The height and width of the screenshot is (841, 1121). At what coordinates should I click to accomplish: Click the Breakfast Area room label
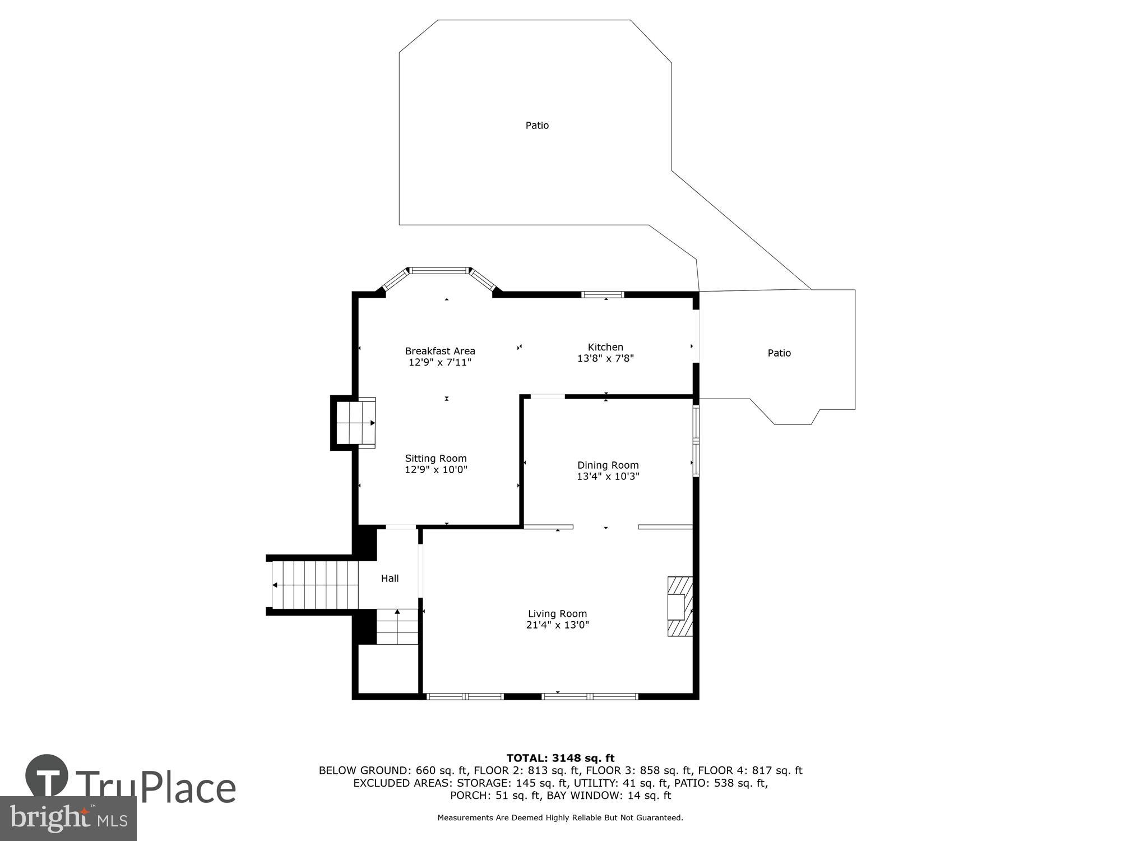(440, 351)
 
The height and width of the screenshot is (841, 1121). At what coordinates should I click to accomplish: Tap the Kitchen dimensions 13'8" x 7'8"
(605, 358)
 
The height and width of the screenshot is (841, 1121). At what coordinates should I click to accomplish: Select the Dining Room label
(608, 465)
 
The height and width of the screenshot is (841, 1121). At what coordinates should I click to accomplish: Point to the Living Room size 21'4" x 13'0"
(557, 625)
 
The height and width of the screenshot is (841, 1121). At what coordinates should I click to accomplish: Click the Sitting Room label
(436, 458)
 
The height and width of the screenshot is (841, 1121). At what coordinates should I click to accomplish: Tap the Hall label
(390, 578)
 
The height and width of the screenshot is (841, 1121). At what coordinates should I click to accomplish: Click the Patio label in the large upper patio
(536, 126)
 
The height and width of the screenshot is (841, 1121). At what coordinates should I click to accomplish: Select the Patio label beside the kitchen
(779, 353)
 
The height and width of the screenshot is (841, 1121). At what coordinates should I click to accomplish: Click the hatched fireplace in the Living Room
(679, 606)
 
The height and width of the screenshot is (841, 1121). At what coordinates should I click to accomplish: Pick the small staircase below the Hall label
(397, 626)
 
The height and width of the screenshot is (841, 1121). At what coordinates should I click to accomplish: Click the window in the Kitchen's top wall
(603, 294)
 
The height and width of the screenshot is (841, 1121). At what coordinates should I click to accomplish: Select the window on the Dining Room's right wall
(696, 441)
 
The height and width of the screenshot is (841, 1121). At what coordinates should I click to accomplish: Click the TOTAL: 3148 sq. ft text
(560, 758)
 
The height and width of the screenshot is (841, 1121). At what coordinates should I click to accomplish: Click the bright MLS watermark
(68, 819)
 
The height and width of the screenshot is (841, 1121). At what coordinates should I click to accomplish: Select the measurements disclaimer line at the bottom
(560, 817)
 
